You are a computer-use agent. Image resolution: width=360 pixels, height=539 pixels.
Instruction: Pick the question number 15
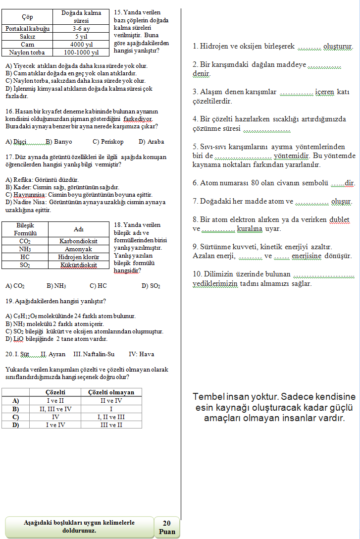[118, 12]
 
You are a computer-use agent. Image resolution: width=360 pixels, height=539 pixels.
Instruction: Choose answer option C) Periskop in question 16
[108, 142]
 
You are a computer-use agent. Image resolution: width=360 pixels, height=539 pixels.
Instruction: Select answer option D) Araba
[151, 142]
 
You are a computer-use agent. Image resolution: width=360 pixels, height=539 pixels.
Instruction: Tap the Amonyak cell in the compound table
[79, 249]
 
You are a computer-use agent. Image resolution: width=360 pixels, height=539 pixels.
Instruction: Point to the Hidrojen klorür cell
[79, 257]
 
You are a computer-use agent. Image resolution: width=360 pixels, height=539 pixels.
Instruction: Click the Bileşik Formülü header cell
[25, 229]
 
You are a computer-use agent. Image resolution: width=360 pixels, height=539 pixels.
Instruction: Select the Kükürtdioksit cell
[79, 265]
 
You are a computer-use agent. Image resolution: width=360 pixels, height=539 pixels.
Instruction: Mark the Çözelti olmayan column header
[111, 392]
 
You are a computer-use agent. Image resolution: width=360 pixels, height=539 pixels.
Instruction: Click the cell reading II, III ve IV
[55, 409]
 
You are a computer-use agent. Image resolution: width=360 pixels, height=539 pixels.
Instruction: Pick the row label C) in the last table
[16, 417]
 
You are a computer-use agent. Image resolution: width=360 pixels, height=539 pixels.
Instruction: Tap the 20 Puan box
[167, 527]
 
